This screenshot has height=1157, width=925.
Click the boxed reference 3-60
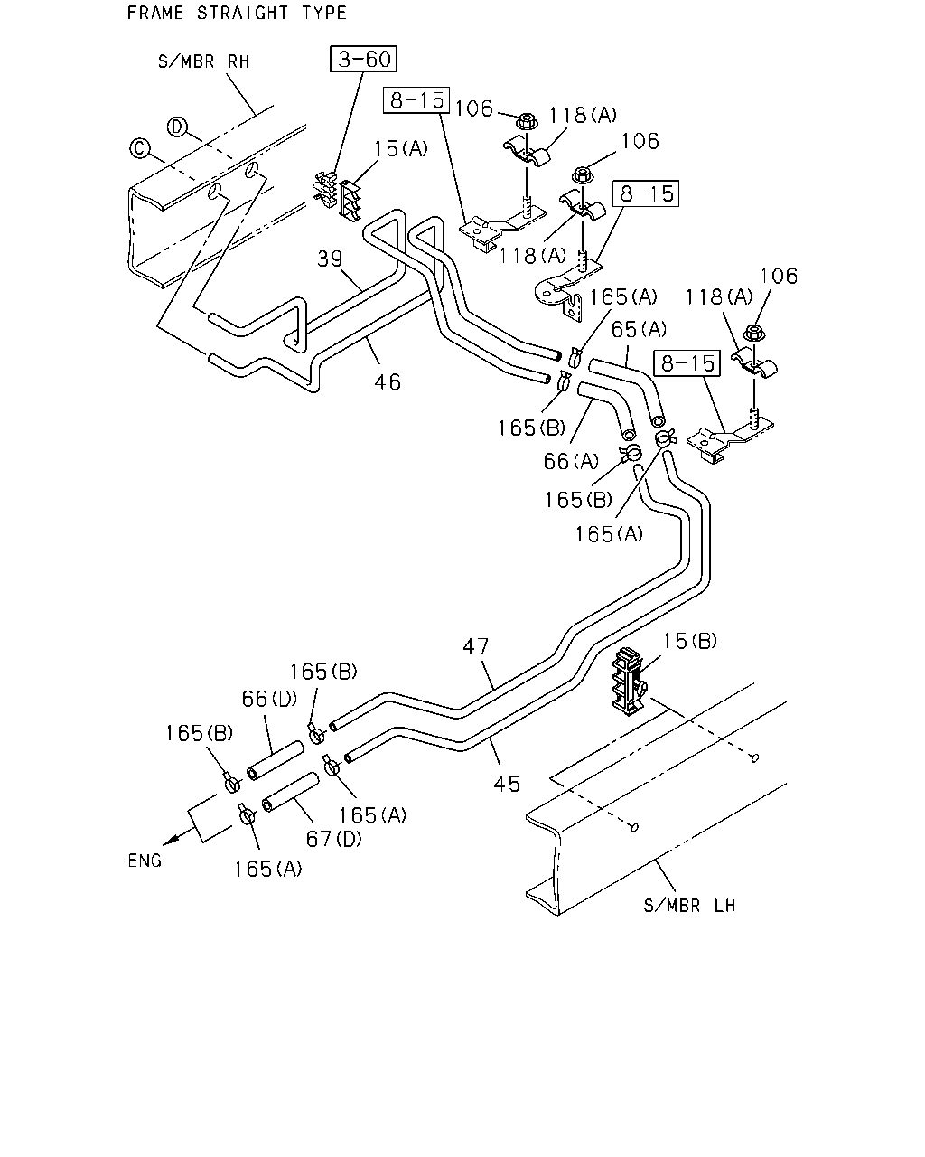[363, 59]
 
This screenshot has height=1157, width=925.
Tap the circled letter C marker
[140, 148]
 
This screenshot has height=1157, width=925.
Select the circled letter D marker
[177, 127]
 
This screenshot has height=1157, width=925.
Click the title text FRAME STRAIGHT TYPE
[237, 13]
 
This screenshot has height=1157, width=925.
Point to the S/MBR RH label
[204, 61]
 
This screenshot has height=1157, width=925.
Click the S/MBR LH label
[689, 906]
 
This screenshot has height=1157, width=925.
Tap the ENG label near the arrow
[145, 861]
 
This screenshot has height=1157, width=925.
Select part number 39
[330, 259]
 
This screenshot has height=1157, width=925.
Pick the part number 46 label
[388, 382]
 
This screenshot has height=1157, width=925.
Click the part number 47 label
[476, 645]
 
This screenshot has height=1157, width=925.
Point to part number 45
[507, 785]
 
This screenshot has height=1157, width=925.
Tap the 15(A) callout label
[400, 148]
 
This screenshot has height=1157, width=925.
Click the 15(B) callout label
[689, 641]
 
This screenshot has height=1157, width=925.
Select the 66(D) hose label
[269, 699]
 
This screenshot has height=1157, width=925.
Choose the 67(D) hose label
[333, 839]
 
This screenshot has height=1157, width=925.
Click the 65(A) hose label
[639, 329]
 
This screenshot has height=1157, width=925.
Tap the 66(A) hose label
[571, 461]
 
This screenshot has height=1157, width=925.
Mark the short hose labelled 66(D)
[276, 759]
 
